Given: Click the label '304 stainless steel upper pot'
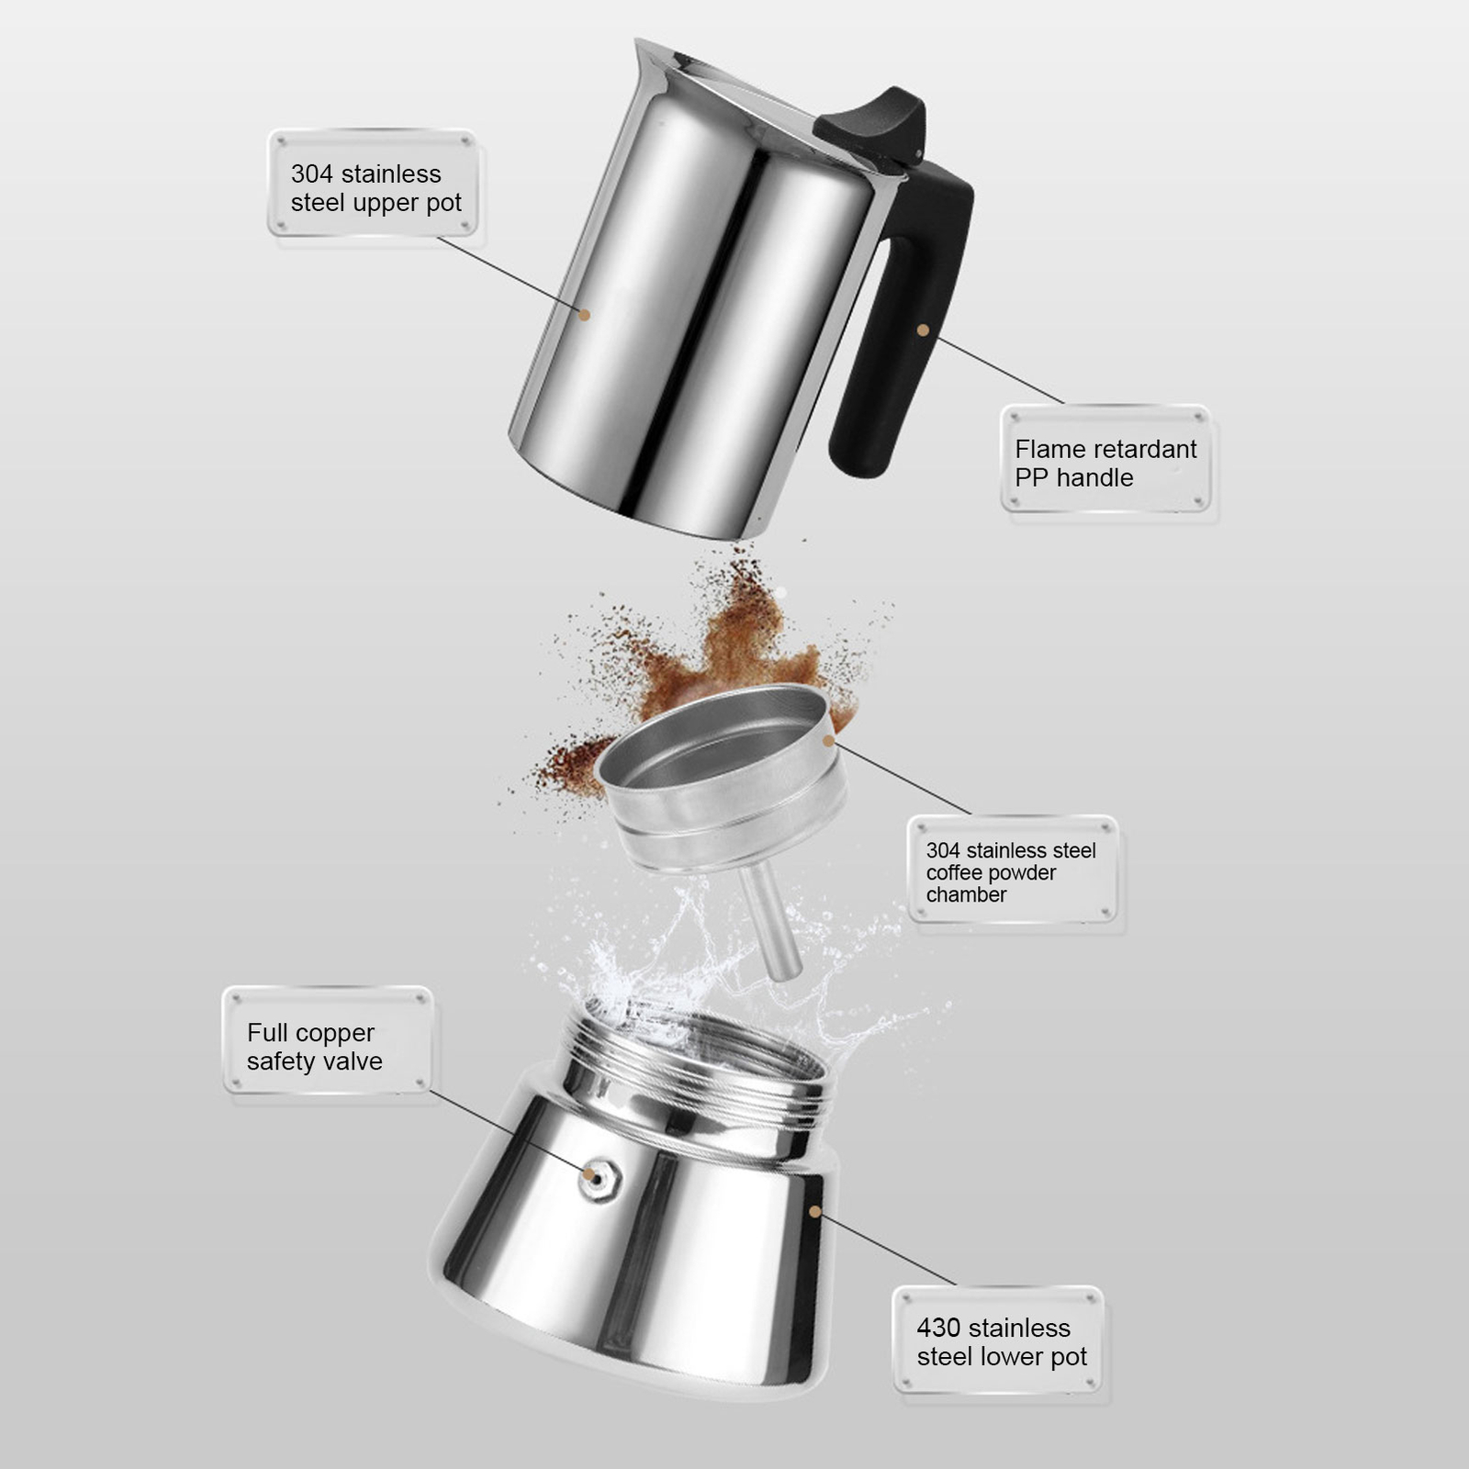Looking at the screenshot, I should pyautogui.click(x=375, y=187).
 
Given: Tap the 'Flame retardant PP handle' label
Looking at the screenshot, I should pyautogui.click(x=1105, y=463).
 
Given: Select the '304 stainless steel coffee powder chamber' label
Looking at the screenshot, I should pyautogui.click(x=1012, y=872).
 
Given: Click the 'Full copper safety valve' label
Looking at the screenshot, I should pyautogui.click(x=314, y=1047).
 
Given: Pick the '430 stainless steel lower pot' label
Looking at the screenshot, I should pyautogui.click(x=1001, y=1342).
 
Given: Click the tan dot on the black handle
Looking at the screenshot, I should pyautogui.click(x=923, y=330).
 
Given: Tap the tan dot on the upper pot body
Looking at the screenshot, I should pyautogui.click(x=584, y=314).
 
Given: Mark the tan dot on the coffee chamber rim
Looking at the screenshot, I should pyautogui.click(x=829, y=740).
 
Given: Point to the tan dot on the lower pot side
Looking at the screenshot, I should pyautogui.click(x=814, y=1212).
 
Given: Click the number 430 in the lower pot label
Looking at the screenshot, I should pyautogui.click(x=938, y=1328).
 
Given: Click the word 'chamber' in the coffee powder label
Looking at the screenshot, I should pyautogui.click(x=966, y=894).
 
